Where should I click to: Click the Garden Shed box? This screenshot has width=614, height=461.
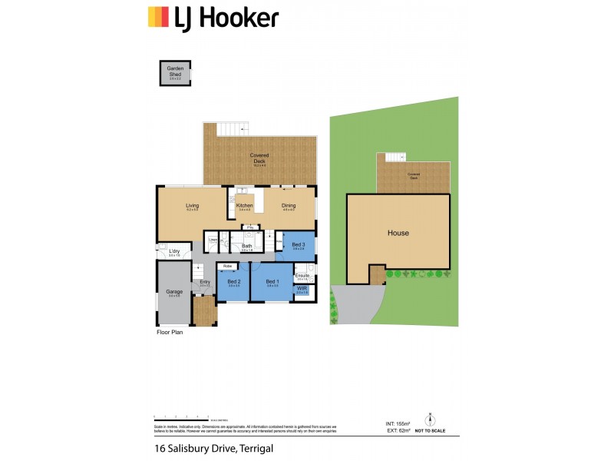point(175,72)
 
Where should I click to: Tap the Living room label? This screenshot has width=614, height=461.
point(193,206)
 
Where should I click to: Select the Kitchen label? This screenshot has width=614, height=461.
point(245,206)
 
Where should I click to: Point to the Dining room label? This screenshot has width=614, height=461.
point(289,206)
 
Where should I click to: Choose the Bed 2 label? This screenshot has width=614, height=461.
point(234,282)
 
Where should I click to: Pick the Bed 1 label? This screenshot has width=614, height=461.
point(272,282)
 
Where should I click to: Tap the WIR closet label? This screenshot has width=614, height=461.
point(302,290)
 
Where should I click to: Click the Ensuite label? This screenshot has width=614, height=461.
point(302,274)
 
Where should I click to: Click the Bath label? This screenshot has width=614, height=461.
point(247,246)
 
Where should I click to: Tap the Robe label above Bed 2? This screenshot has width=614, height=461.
point(227,266)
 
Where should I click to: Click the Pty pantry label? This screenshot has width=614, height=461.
point(249,227)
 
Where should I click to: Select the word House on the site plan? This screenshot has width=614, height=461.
point(398,233)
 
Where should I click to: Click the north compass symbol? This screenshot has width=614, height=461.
point(431,420)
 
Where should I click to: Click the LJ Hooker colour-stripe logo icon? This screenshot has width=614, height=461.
point(158,17)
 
